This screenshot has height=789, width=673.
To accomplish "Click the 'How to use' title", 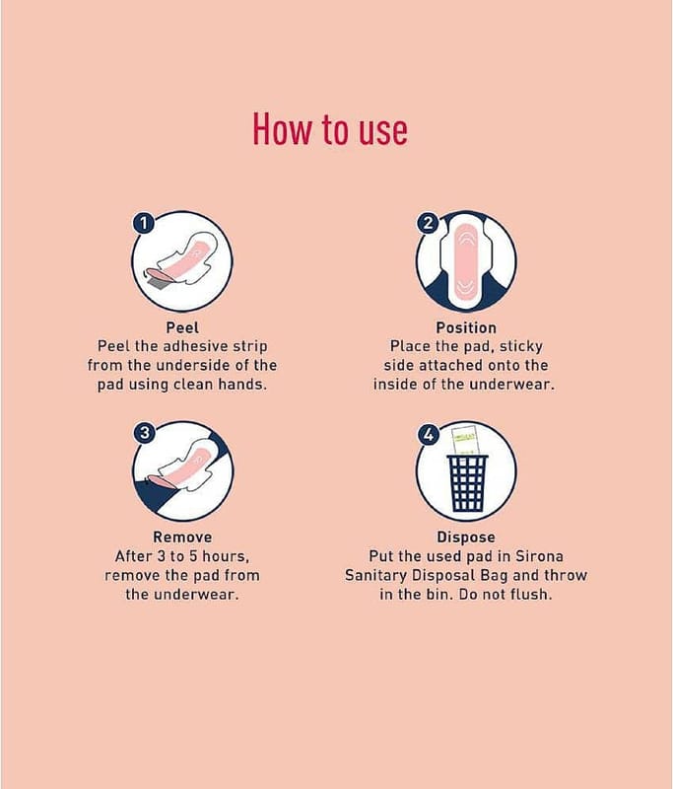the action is tap(330, 129).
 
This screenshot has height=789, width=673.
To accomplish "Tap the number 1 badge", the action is tap(143, 223).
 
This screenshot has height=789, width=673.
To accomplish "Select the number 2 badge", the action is tap(428, 223).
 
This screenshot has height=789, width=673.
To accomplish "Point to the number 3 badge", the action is tap(145, 433).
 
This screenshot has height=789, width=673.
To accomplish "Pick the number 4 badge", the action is tap(429, 434).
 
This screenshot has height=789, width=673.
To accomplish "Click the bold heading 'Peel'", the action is tap(182, 327).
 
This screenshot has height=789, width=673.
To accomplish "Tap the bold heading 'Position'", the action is tap(466, 327).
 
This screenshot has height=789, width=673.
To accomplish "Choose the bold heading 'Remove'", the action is tap(182, 537).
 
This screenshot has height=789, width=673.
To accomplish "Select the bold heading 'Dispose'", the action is tap(466, 537).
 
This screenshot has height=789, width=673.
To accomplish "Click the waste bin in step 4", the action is tap(467, 483).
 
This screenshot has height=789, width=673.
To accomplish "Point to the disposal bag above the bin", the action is tap(465, 441).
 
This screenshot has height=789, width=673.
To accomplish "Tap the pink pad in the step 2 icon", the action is tap(466, 260).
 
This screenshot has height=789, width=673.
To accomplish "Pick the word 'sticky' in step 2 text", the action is tap(521, 347).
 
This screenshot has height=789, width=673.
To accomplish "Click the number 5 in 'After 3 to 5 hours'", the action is tap(193, 556).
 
